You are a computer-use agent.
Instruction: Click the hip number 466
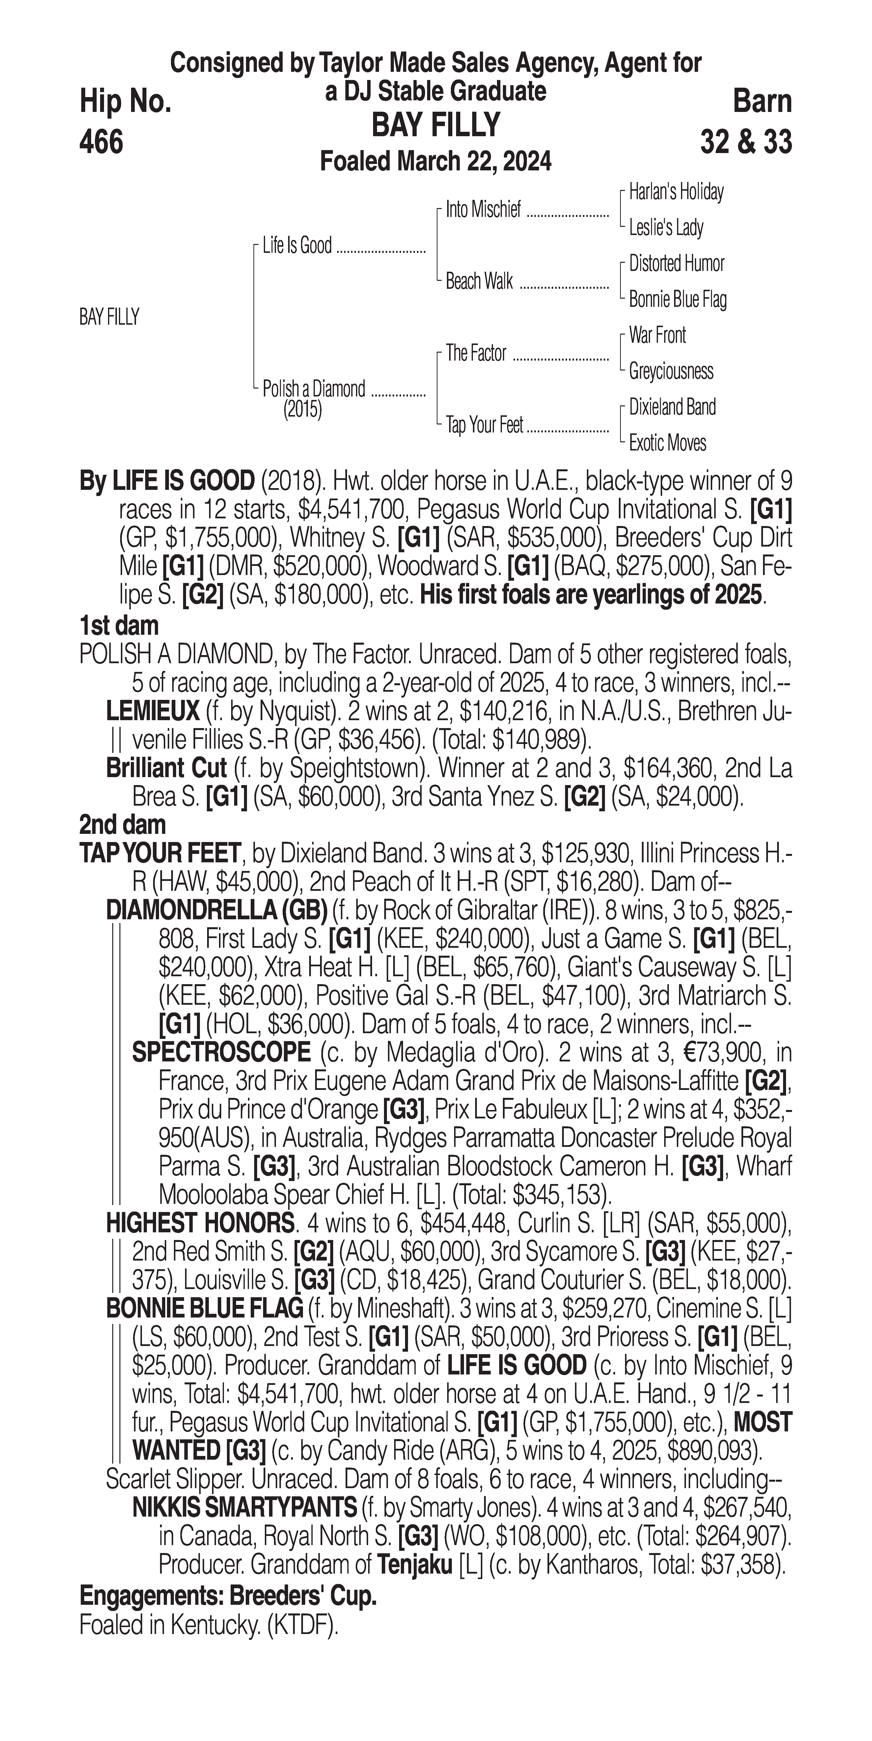pyautogui.click(x=101, y=142)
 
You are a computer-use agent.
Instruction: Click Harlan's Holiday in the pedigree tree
pyautogui.click(x=676, y=192)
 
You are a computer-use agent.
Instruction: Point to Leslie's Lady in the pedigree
pyautogui.click(x=666, y=228)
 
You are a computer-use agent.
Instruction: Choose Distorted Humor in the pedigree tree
pyautogui.click(x=676, y=264)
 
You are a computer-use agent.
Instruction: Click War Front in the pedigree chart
pyautogui.click(x=657, y=335)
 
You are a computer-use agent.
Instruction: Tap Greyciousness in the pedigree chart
pyautogui.click(x=671, y=371)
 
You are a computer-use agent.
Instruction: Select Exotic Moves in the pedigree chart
pyautogui.click(x=667, y=443)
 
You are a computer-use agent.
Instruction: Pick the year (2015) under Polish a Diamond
pyautogui.click(x=302, y=410)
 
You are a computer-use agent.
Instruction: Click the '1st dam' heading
pyautogui.click(x=119, y=626)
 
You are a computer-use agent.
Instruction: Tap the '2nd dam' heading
pyautogui.click(x=122, y=824)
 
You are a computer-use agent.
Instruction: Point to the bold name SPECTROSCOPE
pyautogui.click(x=221, y=1052)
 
